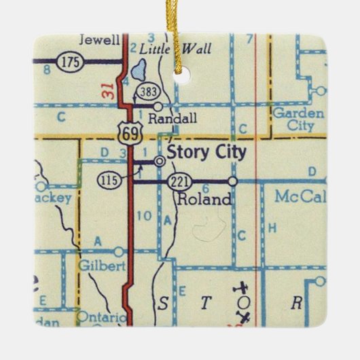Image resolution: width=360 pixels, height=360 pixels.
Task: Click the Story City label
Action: (x=206, y=151)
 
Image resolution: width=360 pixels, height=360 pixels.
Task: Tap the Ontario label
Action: (x=102, y=317)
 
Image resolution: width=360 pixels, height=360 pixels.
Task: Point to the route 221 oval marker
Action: (x=177, y=181)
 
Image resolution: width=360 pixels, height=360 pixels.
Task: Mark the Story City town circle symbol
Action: (x=160, y=161)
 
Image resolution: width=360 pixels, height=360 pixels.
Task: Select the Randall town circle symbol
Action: (x=158, y=106)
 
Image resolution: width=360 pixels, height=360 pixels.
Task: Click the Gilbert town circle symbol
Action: (x=119, y=251)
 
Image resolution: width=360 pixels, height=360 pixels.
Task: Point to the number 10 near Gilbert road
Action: (x=143, y=217)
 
